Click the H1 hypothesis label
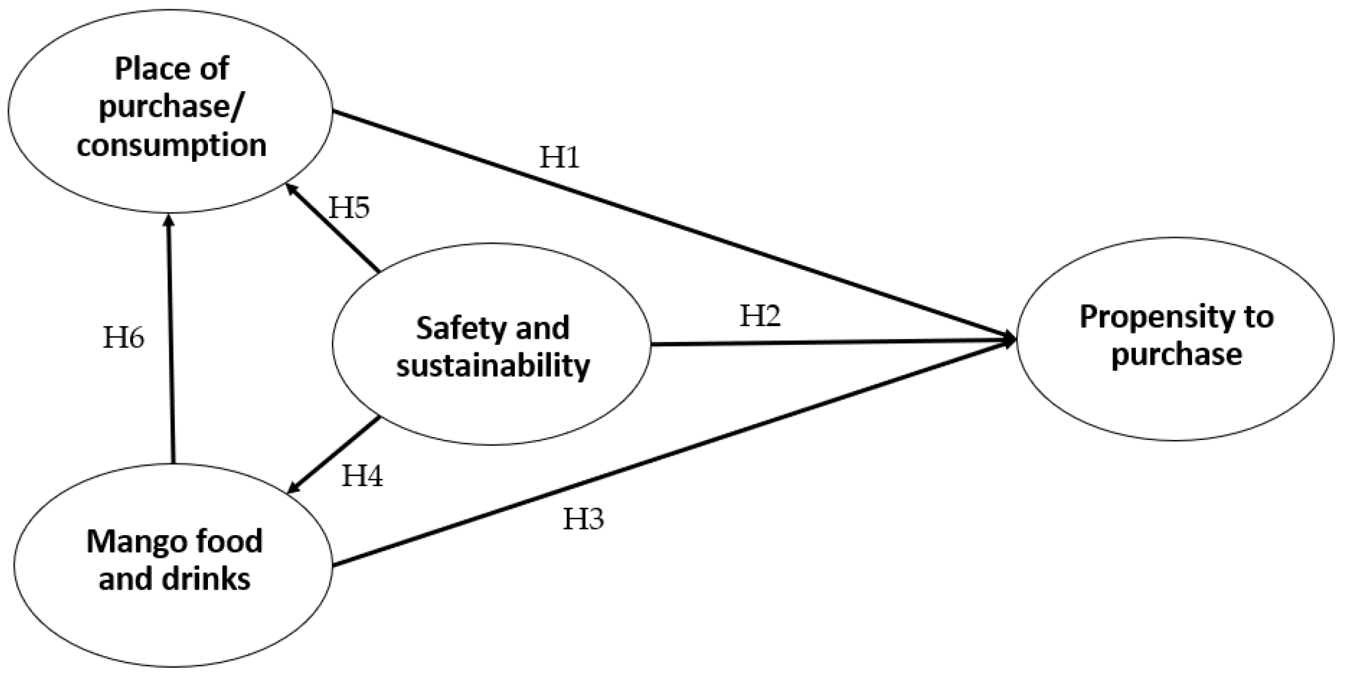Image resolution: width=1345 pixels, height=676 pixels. click(559, 158)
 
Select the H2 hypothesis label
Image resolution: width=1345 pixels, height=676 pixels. click(760, 316)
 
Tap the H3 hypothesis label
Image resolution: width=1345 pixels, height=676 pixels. click(583, 519)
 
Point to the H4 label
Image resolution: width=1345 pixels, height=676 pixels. click(362, 476)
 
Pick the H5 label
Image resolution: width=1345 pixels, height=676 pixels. click(349, 208)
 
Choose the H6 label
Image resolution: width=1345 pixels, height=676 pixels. click(123, 338)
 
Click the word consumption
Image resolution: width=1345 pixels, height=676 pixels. click(171, 144)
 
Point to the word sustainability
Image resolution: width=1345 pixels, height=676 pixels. click(493, 366)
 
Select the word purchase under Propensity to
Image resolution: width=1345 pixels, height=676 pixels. click(1176, 355)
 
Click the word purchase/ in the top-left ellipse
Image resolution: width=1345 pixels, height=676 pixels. click(169, 107)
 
